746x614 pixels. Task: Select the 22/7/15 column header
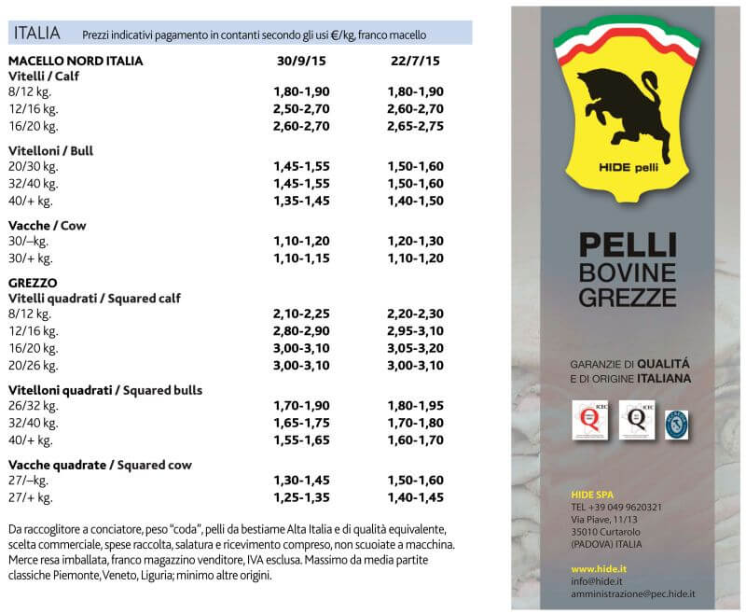(x=415, y=62)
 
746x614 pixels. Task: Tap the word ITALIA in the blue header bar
(x=37, y=34)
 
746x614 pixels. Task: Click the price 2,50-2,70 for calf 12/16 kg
(x=301, y=108)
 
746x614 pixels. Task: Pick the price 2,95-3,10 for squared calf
(x=415, y=330)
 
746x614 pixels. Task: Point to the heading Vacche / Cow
(x=46, y=225)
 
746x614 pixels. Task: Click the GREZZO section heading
(x=33, y=282)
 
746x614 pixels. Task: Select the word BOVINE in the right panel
(x=627, y=272)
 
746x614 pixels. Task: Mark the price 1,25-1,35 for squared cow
(x=301, y=497)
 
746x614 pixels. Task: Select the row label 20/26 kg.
(x=33, y=365)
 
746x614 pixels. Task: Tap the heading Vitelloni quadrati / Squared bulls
(x=105, y=389)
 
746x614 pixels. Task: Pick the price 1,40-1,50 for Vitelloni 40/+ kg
(x=415, y=200)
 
